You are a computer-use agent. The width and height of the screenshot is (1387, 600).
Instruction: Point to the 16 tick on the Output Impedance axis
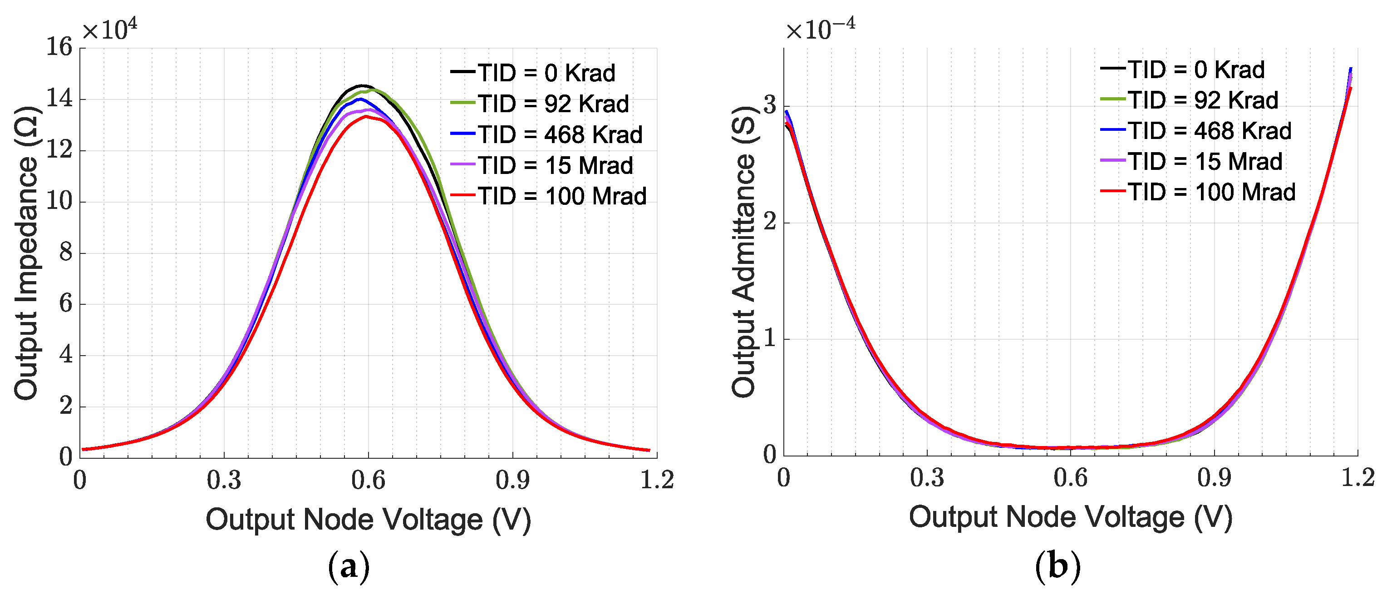coord(59,47)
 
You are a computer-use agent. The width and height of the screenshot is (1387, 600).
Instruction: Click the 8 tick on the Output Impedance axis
coord(66,252)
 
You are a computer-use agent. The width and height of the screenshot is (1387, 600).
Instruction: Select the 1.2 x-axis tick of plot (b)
coord(1357,478)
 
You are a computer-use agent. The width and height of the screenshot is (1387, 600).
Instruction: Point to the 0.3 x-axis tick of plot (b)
coord(927,478)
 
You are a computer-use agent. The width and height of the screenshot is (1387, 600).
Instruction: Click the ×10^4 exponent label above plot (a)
coord(109,30)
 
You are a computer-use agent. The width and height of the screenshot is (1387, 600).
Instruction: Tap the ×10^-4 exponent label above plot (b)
coord(820,30)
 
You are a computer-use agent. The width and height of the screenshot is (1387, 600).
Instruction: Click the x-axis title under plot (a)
coord(368,520)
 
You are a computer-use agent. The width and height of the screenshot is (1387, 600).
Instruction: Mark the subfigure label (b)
coord(1057,566)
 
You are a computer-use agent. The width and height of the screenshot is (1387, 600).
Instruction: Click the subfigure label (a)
coord(349,566)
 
